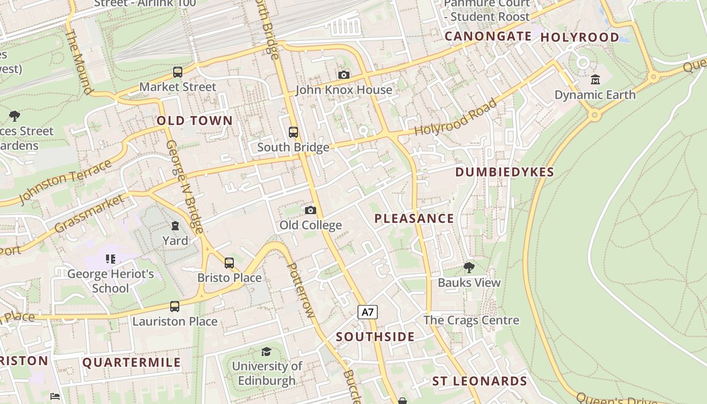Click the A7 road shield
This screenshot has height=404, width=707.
click(368, 312)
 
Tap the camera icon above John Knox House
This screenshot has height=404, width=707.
click(344, 75)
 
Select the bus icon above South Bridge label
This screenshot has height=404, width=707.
click(293, 132)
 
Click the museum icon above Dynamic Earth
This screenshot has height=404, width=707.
click(595, 80)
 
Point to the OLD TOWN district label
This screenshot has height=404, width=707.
click(194, 121)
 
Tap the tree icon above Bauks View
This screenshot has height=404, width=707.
click(469, 268)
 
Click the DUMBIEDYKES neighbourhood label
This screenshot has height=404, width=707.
click(504, 172)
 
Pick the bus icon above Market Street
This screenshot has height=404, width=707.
click(178, 72)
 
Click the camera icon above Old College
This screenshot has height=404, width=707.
click(311, 210)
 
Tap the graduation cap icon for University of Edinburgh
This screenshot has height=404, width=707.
click(266, 351)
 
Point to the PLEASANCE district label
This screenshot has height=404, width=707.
click(414, 219)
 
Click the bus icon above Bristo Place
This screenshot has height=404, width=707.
click(229, 263)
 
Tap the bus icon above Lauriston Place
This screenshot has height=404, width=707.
click(175, 307)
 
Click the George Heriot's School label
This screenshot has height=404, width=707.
click(111, 281)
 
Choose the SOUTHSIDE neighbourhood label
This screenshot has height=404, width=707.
click(375, 337)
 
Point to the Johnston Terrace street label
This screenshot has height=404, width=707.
click(66, 182)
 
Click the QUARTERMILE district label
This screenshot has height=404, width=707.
click(131, 363)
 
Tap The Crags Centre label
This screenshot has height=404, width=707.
click(471, 320)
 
